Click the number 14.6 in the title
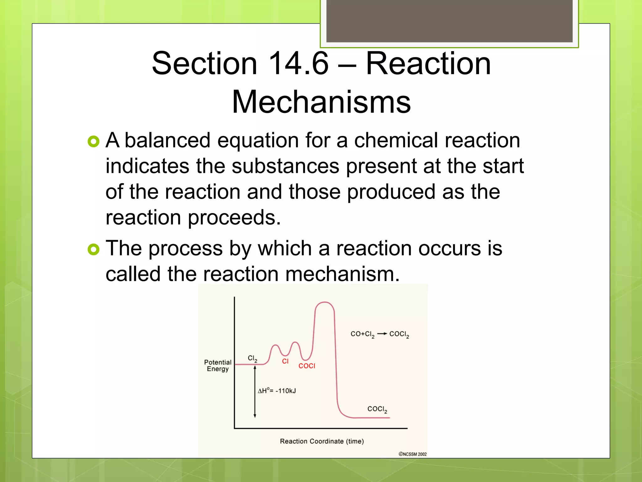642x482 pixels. tap(298, 63)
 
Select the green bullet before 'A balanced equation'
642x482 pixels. tap(93, 142)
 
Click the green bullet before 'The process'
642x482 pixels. tap(93, 250)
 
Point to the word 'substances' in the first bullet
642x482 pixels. tap(285, 166)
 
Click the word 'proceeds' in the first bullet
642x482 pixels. tap(234, 217)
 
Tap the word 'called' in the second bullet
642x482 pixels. tap(133, 274)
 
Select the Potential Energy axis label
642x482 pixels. tap(218, 366)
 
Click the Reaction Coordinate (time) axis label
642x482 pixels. tap(322, 441)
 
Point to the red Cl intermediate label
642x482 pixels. tap(285, 361)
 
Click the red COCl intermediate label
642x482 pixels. tap(307, 366)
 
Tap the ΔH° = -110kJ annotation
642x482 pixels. tap(277, 391)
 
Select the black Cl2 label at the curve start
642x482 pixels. tap(252, 359)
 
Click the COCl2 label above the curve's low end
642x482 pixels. tap(377, 409)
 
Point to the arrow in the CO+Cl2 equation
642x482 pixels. tap(382, 334)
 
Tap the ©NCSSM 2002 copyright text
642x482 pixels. tap(413, 454)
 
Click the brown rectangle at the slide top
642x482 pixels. tap(449, 21)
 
